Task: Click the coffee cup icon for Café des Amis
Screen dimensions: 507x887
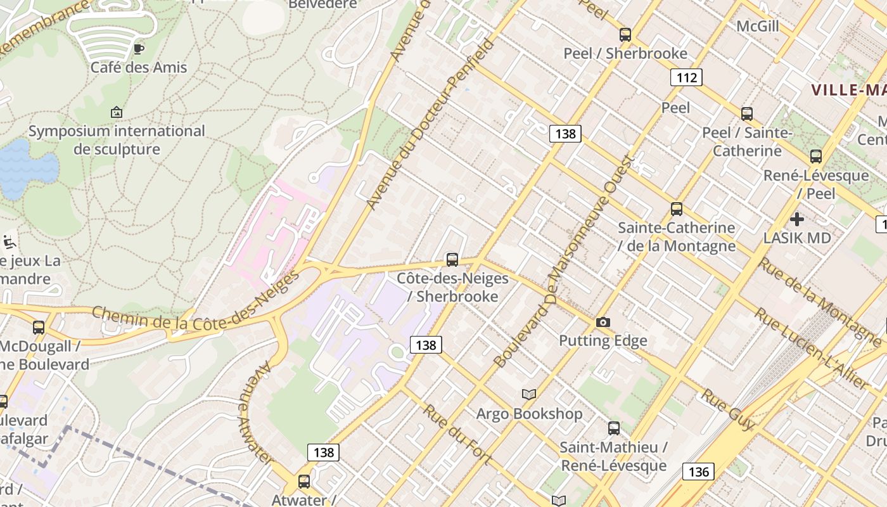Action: pyautogui.click(x=139, y=48)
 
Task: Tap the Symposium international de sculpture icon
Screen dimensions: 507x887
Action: pyautogui.click(x=117, y=112)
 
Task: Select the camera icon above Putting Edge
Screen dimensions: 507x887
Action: pyautogui.click(x=603, y=322)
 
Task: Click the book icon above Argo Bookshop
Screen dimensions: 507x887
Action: pyautogui.click(x=529, y=394)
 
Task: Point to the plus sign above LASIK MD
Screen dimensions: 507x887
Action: pyautogui.click(x=797, y=219)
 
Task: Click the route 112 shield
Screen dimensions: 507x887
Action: pyautogui.click(x=686, y=77)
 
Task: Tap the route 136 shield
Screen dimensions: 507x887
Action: pyautogui.click(x=698, y=472)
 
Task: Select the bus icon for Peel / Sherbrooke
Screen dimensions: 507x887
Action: pyautogui.click(x=625, y=35)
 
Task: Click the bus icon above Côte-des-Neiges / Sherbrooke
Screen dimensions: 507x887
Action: pyautogui.click(x=452, y=259)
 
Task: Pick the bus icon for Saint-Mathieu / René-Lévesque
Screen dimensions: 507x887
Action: pyautogui.click(x=613, y=428)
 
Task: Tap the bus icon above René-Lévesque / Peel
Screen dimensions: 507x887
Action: pyautogui.click(x=816, y=156)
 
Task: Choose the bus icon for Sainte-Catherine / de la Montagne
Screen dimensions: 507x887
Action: pyautogui.click(x=677, y=209)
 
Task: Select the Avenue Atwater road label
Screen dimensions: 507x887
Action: pyautogui.click(x=255, y=412)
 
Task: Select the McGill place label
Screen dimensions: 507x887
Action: pyautogui.click(x=758, y=26)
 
